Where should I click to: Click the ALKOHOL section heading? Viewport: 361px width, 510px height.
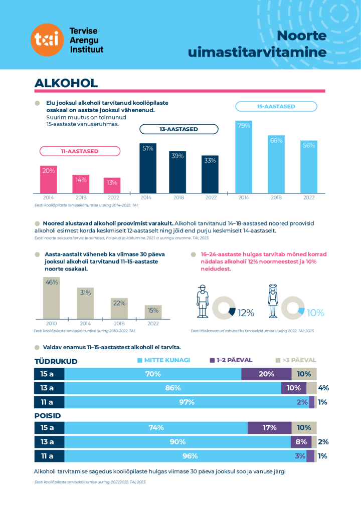click(66, 83)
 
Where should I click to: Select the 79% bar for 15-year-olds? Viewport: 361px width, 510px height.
click(244, 156)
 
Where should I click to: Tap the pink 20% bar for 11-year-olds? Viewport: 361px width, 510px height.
click(48, 179)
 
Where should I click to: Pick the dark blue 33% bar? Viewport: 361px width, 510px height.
click(210, 174)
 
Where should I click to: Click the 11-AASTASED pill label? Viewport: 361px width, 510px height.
click(80, 151)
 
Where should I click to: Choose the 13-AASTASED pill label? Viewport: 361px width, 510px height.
click(178, 129)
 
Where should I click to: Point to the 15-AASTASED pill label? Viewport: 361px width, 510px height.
click(276, 106)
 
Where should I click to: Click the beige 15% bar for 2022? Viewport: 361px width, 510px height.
click(153, 311)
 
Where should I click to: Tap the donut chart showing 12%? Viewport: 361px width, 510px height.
click(224, 308)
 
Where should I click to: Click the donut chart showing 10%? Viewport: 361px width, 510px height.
click(292, 308)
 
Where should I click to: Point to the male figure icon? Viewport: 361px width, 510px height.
click(202, 301)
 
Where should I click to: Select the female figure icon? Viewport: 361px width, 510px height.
click(273, 301)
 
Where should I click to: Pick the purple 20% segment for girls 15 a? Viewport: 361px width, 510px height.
click(266, 374)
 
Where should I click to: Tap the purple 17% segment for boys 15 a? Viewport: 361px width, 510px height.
click(269, 427)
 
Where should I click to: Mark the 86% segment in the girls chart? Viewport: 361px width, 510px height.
click(172, 388)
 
